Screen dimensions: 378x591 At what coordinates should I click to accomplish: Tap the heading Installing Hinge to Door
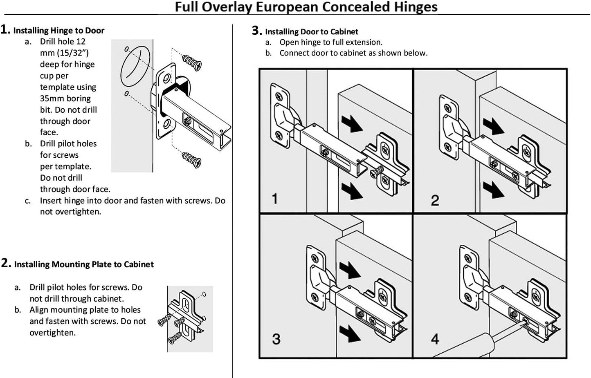tap(58, 31)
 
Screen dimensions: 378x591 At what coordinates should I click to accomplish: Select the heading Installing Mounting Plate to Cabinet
tap(84, 264)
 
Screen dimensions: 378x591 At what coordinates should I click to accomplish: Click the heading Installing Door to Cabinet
tap(311, 32)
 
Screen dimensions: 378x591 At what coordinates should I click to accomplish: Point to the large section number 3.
tap(256, 31)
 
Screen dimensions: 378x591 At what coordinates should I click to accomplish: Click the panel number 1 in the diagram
tap(275, 199)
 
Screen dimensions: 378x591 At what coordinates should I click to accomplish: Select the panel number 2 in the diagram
tap(435, 200)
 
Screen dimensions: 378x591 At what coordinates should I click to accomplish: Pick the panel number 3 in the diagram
tap(276, 339)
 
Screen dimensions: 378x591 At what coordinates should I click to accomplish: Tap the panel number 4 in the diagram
tap(435, 339)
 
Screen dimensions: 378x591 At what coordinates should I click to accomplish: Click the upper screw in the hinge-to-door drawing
tap(192, 61)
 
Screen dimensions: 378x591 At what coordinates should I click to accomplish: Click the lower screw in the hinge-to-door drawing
tap(192, 159)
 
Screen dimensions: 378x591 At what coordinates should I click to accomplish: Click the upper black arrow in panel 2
tap(493, 125)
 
